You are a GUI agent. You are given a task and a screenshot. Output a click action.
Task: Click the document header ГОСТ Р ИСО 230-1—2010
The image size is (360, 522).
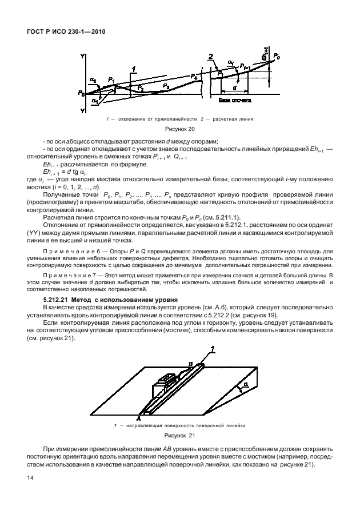(64, 31)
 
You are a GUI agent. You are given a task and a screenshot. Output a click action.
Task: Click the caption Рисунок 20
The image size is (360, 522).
(180, 130)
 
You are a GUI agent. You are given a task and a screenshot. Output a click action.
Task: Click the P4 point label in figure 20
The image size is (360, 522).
(195, 75)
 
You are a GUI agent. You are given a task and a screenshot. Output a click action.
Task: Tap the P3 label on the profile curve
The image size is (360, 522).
(166, 85)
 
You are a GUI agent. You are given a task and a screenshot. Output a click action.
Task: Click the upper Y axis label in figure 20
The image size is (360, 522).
(83, 56)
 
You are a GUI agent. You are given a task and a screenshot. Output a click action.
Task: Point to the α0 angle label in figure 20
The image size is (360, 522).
(94, 81)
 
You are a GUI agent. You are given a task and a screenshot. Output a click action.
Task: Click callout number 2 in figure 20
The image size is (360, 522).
(211, 57)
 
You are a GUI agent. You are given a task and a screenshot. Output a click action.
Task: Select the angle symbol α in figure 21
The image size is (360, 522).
(246, 385)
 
